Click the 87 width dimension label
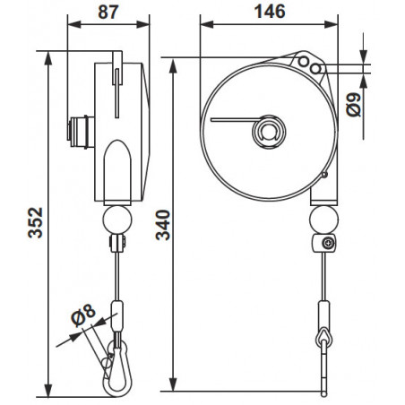coord(108,12)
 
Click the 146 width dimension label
coord(270,12)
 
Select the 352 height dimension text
coord(36,222)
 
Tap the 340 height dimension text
coord(163,225)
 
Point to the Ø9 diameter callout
coord(354,105)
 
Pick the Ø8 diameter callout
coord(83,315)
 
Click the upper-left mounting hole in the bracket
coord(304,62)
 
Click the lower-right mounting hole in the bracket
coord(315,69)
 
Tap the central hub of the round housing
coord(269,132)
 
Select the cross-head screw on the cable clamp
coord(328,243)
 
